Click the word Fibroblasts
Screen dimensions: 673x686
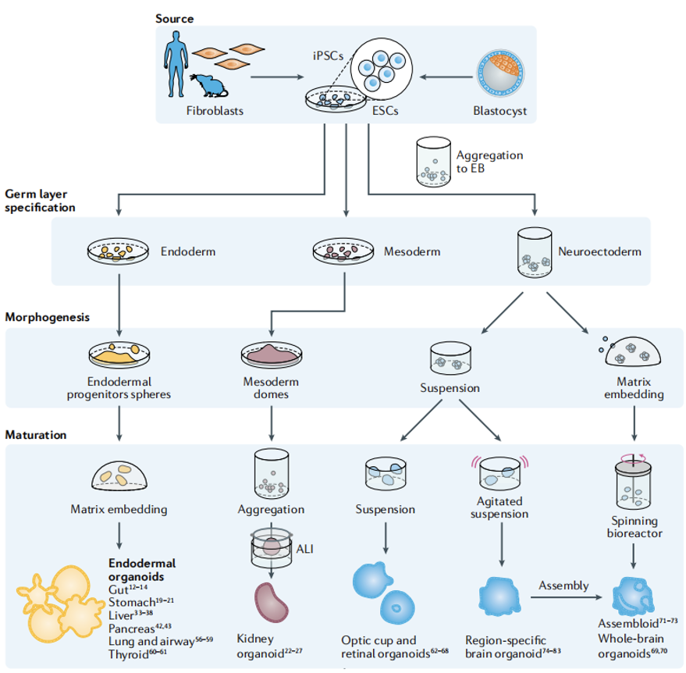pos(215,111)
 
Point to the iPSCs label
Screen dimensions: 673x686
pos(329,55)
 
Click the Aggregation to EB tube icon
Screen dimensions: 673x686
pos(433,162)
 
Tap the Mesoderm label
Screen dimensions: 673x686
pos(412,251)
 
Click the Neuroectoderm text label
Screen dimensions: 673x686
pos(599,251)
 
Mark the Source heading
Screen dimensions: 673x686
pos(174,18)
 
